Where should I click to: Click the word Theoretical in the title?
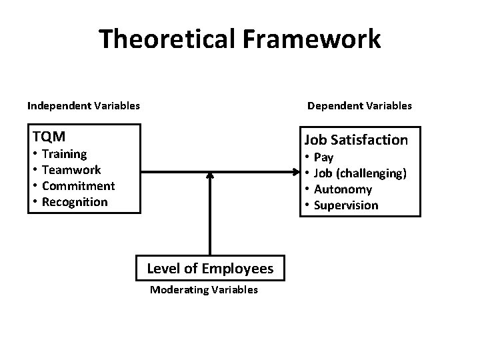(167, 39)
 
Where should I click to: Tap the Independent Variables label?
(83, 105)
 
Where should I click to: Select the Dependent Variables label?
(359, 105)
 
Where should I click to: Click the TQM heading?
(49, 137)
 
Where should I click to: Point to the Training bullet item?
(64, 154)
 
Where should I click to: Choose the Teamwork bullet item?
(71, 170)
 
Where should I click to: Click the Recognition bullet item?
(74, 202)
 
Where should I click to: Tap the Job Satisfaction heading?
(356, 140)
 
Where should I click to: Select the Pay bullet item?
(323, 157)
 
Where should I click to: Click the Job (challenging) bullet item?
(360, 173)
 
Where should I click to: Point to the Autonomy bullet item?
(343, 189)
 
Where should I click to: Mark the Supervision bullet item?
(345, 205)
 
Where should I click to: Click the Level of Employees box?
(210, 269)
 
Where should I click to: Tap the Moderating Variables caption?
(204, 290)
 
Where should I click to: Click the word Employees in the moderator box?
(238, 269)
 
